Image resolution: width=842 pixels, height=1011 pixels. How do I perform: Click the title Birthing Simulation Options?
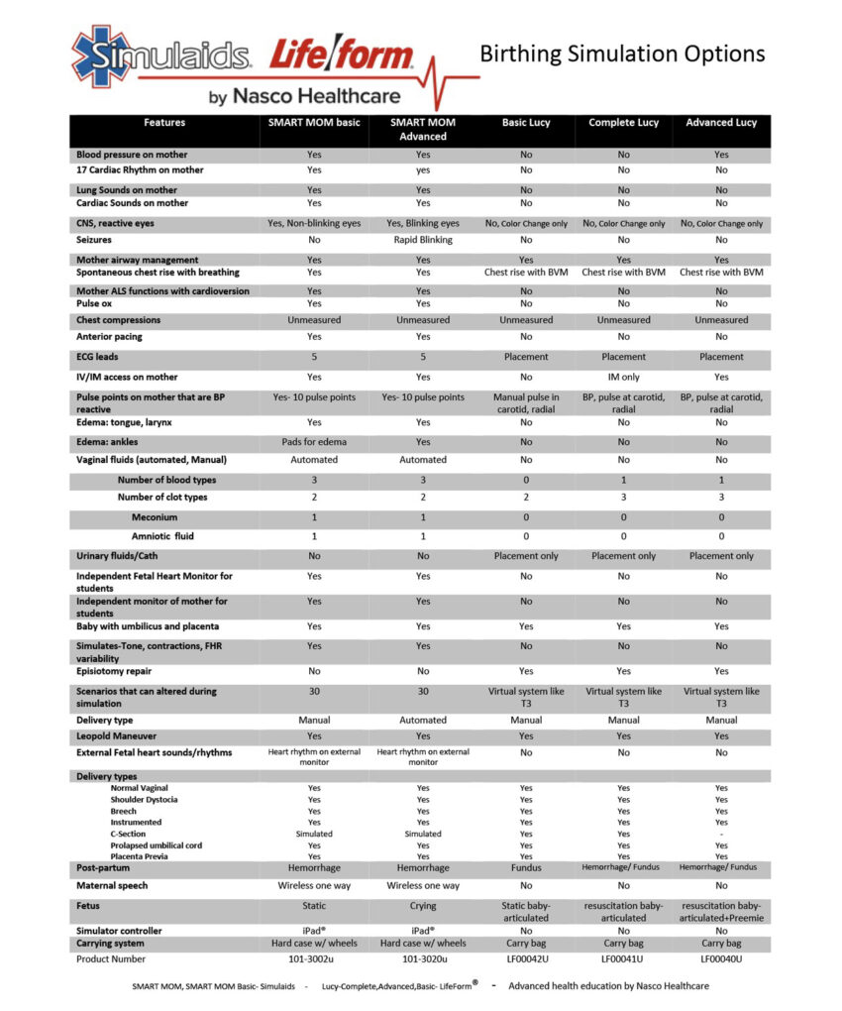(x=622, y=53)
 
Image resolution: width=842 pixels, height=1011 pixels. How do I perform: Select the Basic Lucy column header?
(x=525, y=123)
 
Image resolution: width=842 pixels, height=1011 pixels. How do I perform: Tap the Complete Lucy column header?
(x=623, y=123)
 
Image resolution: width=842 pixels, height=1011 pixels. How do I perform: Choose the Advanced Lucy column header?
(x=720, y=123)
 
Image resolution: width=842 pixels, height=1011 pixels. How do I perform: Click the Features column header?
(x=164, y=123)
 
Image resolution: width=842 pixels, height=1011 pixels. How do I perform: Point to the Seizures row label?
(x=94, y=240)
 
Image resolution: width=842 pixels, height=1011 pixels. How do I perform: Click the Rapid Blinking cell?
(x=423, y=240)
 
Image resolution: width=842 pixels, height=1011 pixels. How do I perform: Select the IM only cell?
(x=623, y=377)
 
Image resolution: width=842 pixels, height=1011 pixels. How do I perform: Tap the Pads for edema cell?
(x=314, y=442)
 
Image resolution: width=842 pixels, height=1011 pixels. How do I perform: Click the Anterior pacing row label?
(x=109, y=337)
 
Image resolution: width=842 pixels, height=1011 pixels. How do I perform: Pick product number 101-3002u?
(x=314, y=959)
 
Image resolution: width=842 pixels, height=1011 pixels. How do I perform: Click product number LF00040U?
(x=720, y=959)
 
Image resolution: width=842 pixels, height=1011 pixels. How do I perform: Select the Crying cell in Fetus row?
(x=423, y=907)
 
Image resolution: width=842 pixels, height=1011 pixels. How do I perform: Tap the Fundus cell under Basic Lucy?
(x=525, y=868)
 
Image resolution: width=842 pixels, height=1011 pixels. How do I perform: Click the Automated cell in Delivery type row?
(x=423, y=721)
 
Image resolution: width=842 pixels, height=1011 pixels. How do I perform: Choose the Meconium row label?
(x=155, y=517)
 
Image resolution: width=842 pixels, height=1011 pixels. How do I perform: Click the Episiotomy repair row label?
(x=114, y=671)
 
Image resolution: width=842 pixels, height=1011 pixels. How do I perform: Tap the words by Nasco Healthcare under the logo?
(x=304, y=96)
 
